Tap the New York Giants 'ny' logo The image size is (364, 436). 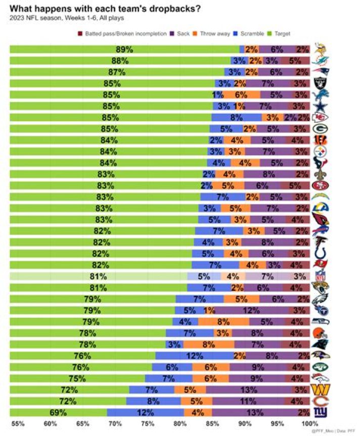click(320, 412)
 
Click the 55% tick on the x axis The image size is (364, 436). click(17, 423)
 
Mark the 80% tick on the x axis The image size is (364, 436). click(179, 423)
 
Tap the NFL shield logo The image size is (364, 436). click(320, 276)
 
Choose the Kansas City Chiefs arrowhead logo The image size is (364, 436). click(320, 117)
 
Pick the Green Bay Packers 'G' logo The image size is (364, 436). click(320, 129)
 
